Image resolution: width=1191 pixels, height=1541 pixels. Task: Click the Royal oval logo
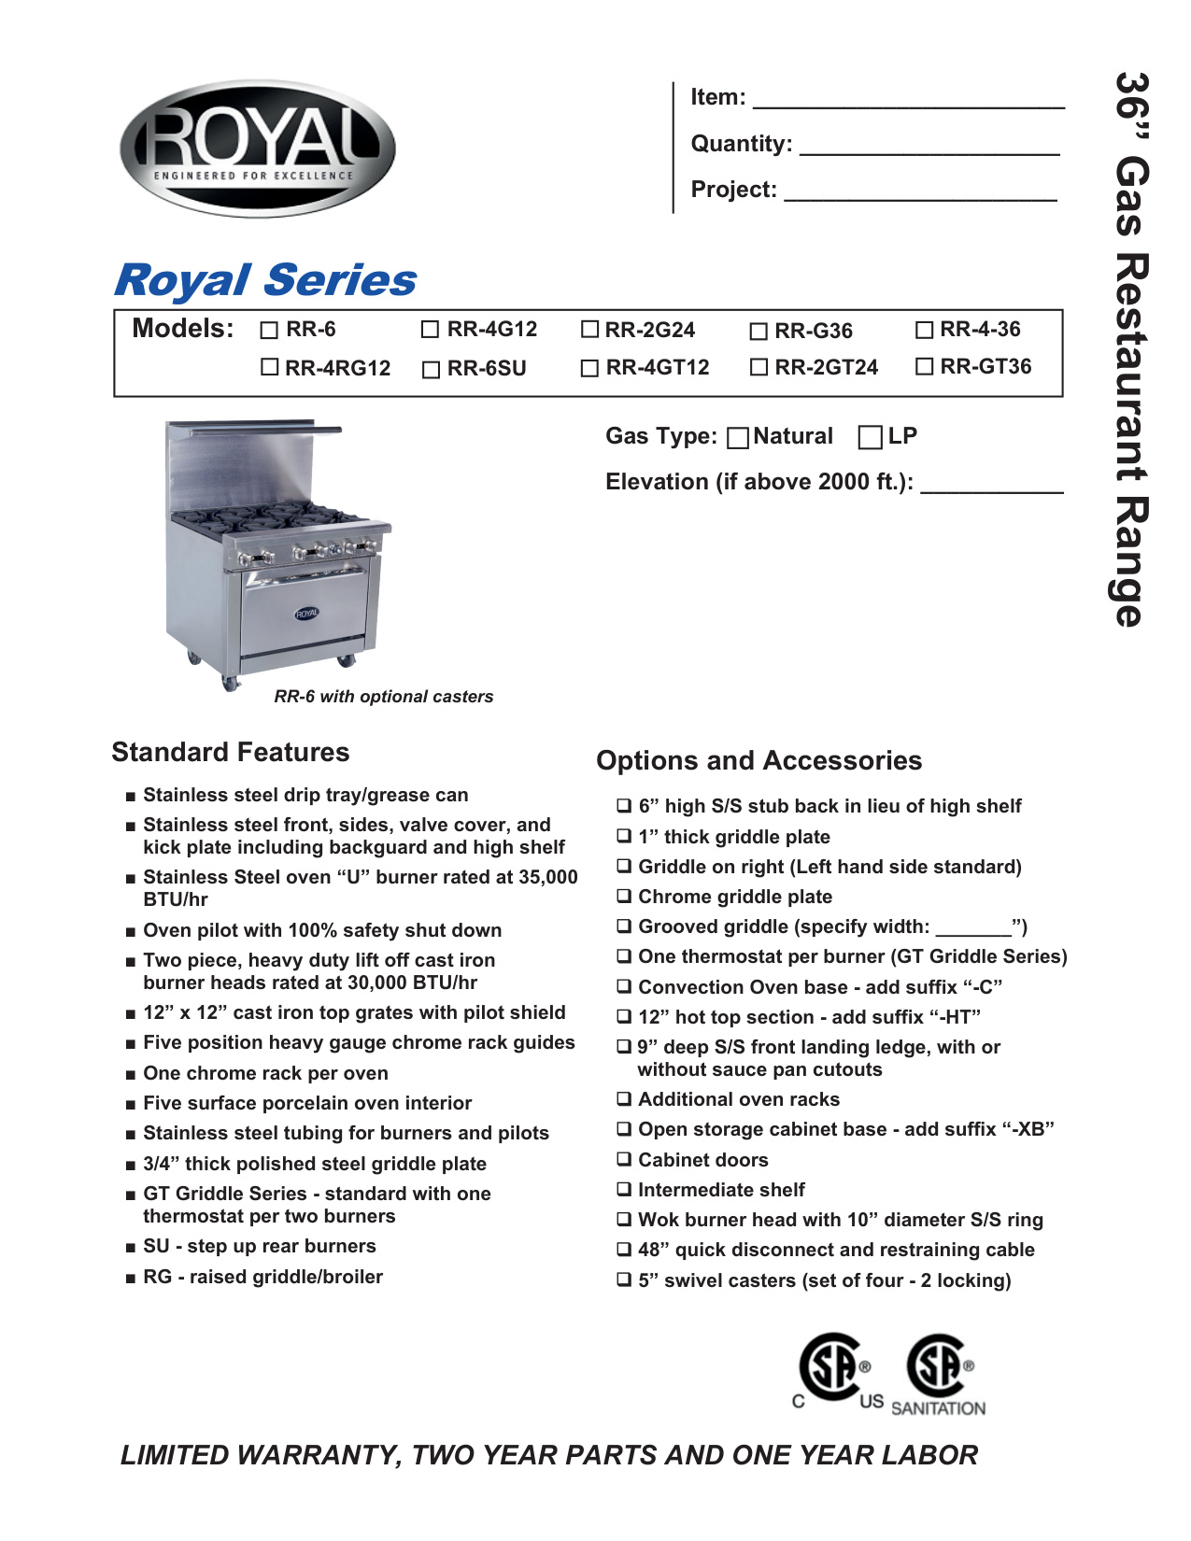pyautogui.click(x=258, y=148)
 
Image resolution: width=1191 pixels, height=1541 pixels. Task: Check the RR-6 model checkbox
pyautogui.click(x=270, y=330)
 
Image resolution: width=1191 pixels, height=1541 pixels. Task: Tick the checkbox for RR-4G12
pyautogui.click(x=430, y=330)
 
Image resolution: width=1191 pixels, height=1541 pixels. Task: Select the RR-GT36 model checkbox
pyautogui.click(x=925, y=367)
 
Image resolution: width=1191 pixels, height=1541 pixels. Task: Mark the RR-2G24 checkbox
pyautogui.click(x=589, y=330)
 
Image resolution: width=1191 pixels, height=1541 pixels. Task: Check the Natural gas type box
pyautogui.click(x=738, y=437)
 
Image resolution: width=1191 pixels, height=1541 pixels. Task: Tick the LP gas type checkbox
pyautogui.click(x=870, y=437)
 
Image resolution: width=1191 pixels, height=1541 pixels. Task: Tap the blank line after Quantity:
pyautogui.click(x=929, y=150)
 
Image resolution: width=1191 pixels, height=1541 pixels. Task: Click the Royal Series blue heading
pyautogui.click(x=265, y=280)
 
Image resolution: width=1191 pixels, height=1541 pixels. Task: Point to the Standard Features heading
pyautogui.click(x=231, y=752)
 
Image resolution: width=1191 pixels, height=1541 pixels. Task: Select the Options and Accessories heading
pyautogui.click(x=759, y=760)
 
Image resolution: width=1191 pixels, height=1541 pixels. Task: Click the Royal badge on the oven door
pyautogui.click(x=306, y=614)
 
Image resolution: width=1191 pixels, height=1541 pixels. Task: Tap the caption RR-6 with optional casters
pyautogui.click(x=383, y=697)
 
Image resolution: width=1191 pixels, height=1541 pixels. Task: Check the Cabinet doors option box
pyautogui.click(x=624, y=1160)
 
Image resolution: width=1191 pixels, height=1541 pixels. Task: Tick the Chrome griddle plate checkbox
pyautogui.click(x=624, y=897)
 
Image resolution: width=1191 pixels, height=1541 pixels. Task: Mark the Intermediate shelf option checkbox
pyautogui.click(x=624, y=1190)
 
